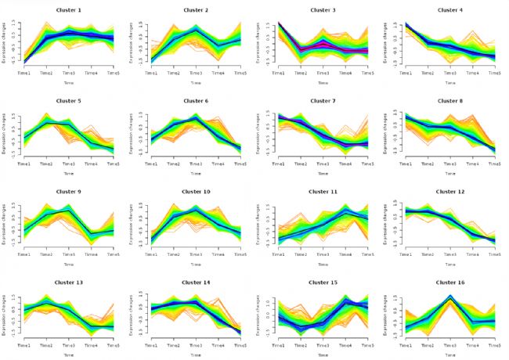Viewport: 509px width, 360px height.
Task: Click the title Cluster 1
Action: click(68, 9)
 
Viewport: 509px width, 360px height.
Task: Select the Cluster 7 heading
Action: click(322, 101)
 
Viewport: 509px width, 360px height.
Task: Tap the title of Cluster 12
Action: click(449, 192)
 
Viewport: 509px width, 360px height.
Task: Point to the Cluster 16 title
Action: click(449, 282)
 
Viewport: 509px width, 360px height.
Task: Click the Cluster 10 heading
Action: click(195, 192)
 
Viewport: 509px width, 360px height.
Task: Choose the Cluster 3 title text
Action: click(322, 9)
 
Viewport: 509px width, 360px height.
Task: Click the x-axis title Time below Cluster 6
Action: click(195, 173)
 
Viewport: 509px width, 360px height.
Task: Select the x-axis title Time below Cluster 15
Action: click(322, 354)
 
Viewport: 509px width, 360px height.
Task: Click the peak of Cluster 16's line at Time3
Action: click(450, 297)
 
